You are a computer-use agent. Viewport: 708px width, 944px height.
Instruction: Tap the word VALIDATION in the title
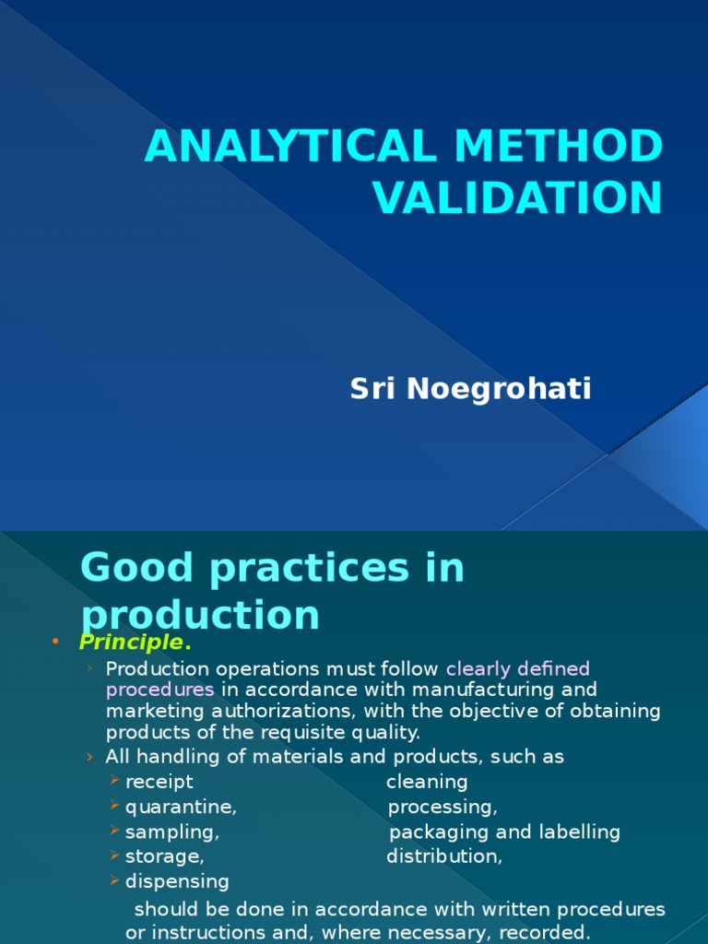pos(517,197)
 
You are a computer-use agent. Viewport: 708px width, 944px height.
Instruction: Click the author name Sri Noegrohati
pos(470,389)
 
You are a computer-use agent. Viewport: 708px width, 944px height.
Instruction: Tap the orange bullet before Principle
pos(55,641)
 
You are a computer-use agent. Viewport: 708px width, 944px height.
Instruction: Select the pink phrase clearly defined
pos(518,667)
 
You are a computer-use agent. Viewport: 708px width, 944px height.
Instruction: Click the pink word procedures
pos(159,690)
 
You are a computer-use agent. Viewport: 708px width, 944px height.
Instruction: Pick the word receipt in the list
pos(159,782)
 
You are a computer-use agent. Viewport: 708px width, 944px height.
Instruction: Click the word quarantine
pos(180,808)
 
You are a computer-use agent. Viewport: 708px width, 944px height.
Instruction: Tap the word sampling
pos(171,832)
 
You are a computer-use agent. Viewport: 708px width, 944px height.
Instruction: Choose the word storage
pos(163,856)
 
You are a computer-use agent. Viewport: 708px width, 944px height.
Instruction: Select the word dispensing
pos(177,881)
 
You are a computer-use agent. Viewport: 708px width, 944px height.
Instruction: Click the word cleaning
pos(427,782)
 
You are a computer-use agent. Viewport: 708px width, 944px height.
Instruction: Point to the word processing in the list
pos(442,808)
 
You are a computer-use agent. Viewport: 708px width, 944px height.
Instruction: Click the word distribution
pos(443,856)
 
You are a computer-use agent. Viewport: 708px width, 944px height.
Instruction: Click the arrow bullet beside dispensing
pos(114,881)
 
